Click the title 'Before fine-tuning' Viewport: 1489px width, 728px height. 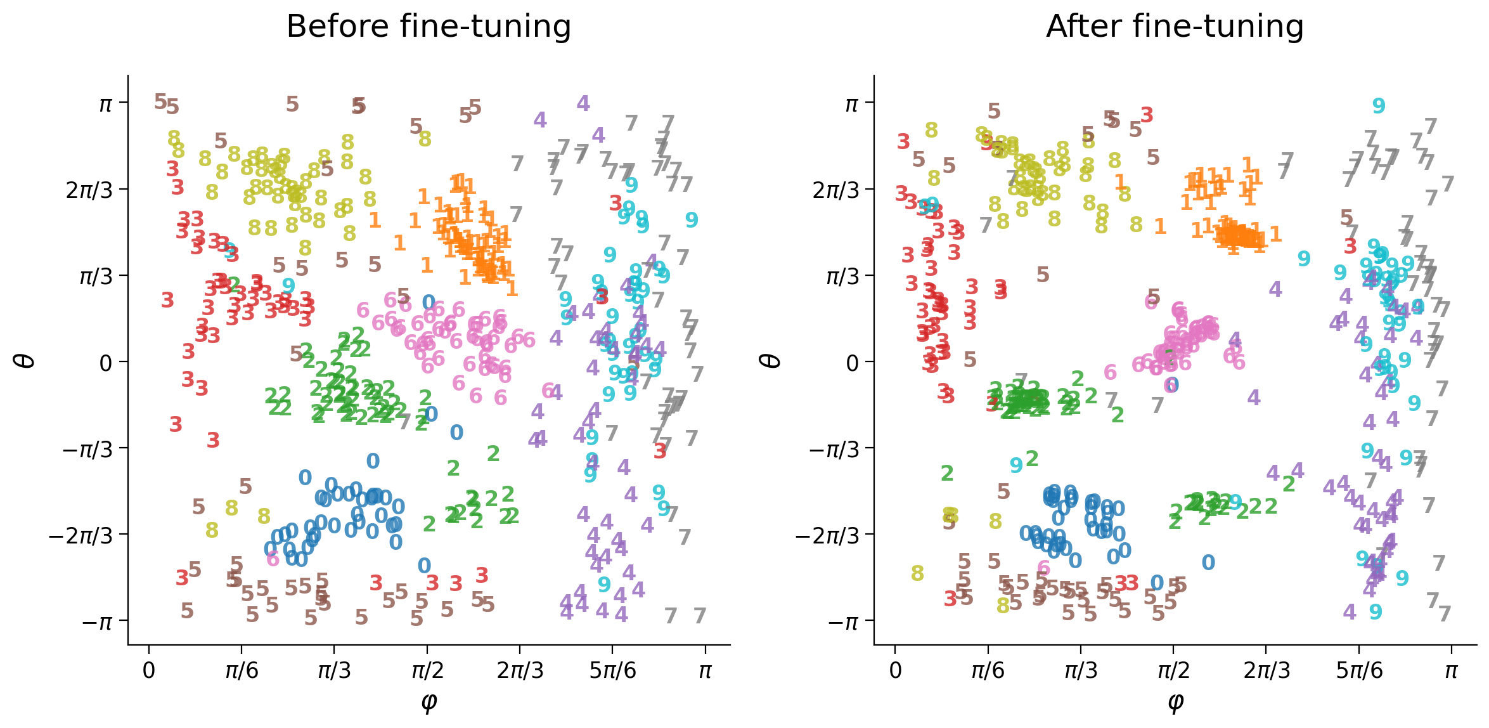coord(429,27)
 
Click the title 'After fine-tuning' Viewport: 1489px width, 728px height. coord(1175,27)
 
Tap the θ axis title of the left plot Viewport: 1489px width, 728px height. coord(25,361)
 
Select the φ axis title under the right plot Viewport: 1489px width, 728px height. coord(1175,702)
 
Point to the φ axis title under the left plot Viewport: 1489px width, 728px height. coord(429,702)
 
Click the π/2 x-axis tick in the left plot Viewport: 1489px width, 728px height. coord(427,671)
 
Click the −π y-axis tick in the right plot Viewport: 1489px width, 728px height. coord(843,622)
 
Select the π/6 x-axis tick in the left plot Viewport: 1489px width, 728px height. coord(242,671)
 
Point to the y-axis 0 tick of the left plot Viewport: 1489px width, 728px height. coord(105,363)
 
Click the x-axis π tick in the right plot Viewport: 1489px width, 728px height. coord(1451,671)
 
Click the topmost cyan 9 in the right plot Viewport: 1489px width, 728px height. coord(1379,106)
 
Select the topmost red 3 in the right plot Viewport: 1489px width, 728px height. coord(1147,115)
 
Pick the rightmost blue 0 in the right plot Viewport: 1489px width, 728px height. coord(1208,562)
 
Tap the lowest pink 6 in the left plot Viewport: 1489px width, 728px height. coord(273,559)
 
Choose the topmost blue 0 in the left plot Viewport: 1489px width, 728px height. coord(429,302)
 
